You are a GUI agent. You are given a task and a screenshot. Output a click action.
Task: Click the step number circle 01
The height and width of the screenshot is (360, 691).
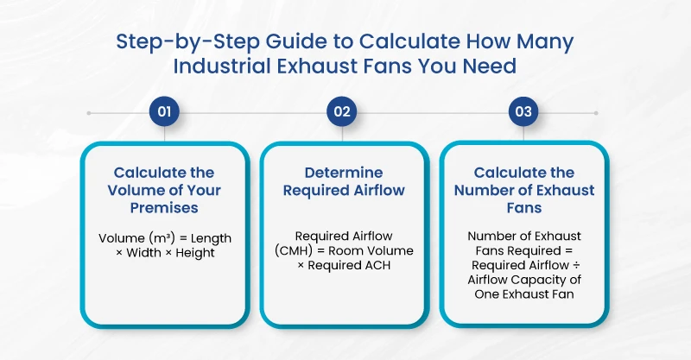click(163, 112)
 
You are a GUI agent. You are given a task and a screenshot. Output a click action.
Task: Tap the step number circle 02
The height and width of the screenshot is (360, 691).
click(343, 112)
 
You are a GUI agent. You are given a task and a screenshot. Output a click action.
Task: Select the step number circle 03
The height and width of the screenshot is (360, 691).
click(523, 112)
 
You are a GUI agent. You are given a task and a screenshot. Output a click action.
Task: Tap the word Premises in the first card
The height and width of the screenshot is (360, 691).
click(163, 207)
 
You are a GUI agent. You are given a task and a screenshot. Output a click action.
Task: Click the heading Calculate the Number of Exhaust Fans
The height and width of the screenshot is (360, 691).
click(523, 190)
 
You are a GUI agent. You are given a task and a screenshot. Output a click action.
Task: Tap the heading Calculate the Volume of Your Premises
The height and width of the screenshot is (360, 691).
click(163, 190)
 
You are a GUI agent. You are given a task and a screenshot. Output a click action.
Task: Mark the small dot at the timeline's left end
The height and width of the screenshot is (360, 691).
click(90, 112)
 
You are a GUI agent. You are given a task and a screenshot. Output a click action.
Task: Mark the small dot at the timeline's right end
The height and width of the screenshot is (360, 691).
click(596, 112)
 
